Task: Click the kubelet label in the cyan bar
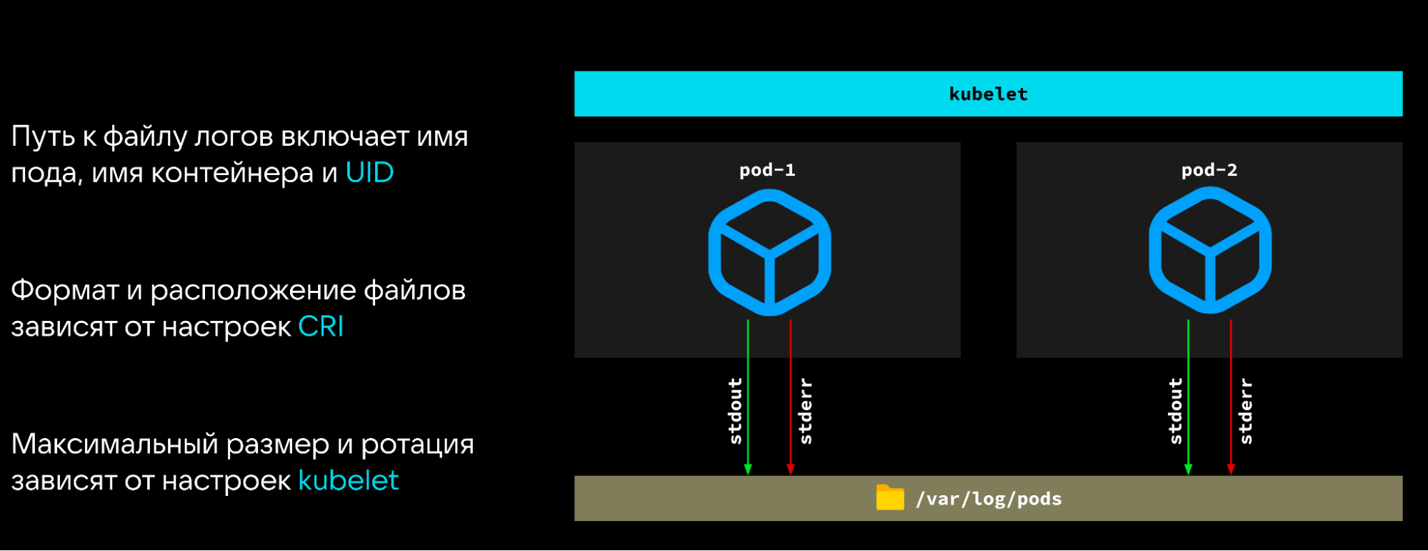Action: tap(988, 94)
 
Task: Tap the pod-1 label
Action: tap(767, 170)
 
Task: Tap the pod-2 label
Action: tap(1209, 170)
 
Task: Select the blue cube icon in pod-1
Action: tap(769, 252)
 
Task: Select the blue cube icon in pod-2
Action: tap(1210, 251)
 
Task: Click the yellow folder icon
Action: tap(890, 497)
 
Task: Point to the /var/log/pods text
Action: tap(989, 499)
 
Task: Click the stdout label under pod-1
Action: tap(735, 411)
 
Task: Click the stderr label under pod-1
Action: tap(806, 411)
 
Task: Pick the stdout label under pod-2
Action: tap(1175, 411)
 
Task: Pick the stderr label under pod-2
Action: tap(1246, 411)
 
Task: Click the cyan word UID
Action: tap(369, 173)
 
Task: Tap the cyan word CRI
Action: tap(321, 327)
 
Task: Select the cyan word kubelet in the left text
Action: tap(348, 481)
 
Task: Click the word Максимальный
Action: tap(114, 445)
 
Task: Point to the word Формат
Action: tap(64, 291)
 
